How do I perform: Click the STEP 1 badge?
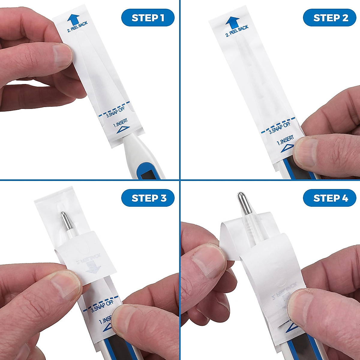point(148,18)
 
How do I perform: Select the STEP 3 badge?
point(148,198)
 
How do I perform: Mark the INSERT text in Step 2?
point(285,140)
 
